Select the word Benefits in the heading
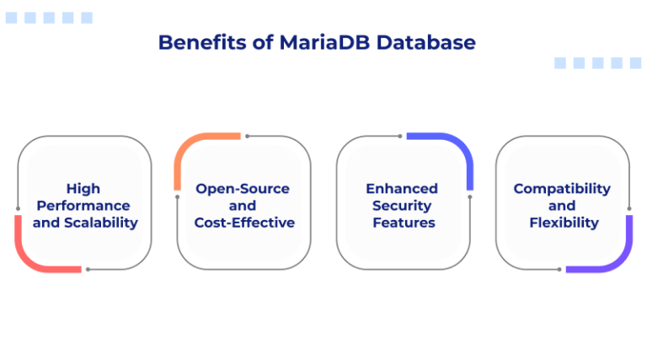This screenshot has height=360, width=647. pos(201,42)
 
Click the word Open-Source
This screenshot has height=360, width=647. pos(243,189)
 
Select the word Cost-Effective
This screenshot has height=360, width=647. pos(244,223)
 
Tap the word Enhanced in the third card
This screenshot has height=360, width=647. pos(402,189)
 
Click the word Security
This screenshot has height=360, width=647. pos(402,206)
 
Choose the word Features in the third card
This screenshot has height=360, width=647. pos(404,223)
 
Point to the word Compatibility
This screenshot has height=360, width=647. pos(562,189)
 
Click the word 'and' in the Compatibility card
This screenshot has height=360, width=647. pos(562,206)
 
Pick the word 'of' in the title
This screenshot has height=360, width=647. pos(262,42)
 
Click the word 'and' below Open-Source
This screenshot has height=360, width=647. pos(243,206)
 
